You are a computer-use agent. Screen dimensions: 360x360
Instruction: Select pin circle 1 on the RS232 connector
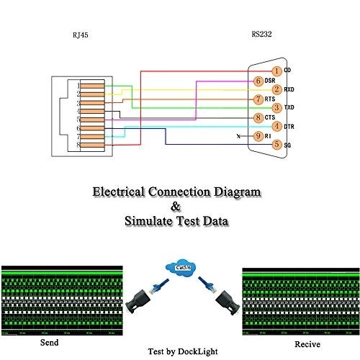276,70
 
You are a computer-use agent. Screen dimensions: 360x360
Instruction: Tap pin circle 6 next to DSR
258,80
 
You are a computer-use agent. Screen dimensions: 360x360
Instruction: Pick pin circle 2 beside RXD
276,89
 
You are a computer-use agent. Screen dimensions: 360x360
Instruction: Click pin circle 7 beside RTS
258,99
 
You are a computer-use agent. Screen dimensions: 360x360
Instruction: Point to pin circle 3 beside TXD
276,108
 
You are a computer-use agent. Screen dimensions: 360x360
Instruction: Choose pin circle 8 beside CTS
258,117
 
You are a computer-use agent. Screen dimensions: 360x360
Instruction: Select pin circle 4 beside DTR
276,127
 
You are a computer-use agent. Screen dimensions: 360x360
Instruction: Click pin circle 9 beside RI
258,136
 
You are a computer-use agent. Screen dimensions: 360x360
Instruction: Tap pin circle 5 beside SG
276,145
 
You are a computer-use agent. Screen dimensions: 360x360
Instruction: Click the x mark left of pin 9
238,136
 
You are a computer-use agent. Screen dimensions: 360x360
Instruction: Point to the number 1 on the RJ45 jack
78,86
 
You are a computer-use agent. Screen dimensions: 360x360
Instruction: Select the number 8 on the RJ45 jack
78,146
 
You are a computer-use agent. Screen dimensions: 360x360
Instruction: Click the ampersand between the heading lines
176,207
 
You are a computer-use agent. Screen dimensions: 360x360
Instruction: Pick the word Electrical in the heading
119,192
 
